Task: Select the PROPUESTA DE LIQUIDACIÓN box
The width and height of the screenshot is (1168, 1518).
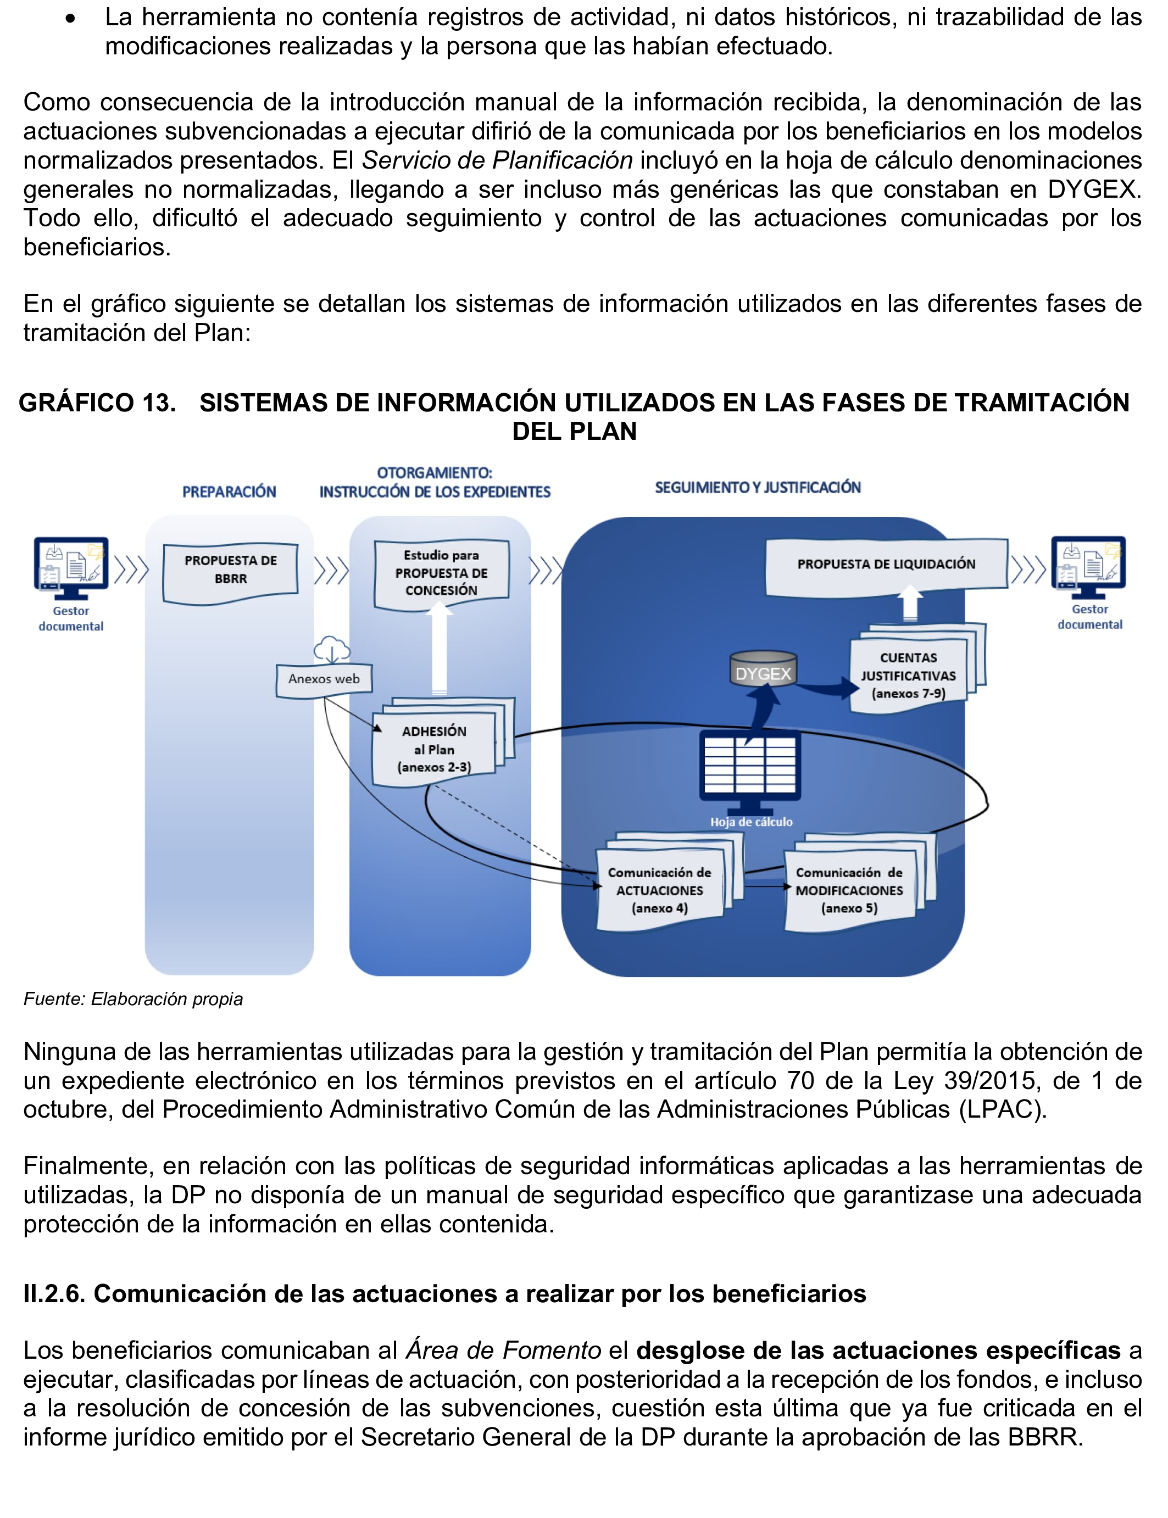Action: pos(886,565)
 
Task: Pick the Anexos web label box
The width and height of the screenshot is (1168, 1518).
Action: pos(324,679)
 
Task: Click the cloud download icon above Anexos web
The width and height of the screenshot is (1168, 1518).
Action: pos(332,649)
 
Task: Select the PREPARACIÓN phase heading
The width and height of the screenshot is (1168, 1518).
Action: pos(230,492)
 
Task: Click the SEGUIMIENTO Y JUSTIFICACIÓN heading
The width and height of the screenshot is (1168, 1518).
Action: pos(758,488)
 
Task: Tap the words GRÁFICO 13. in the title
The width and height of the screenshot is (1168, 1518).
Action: pos(97,403)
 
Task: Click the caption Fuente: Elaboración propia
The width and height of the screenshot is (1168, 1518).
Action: pos(134,999)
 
